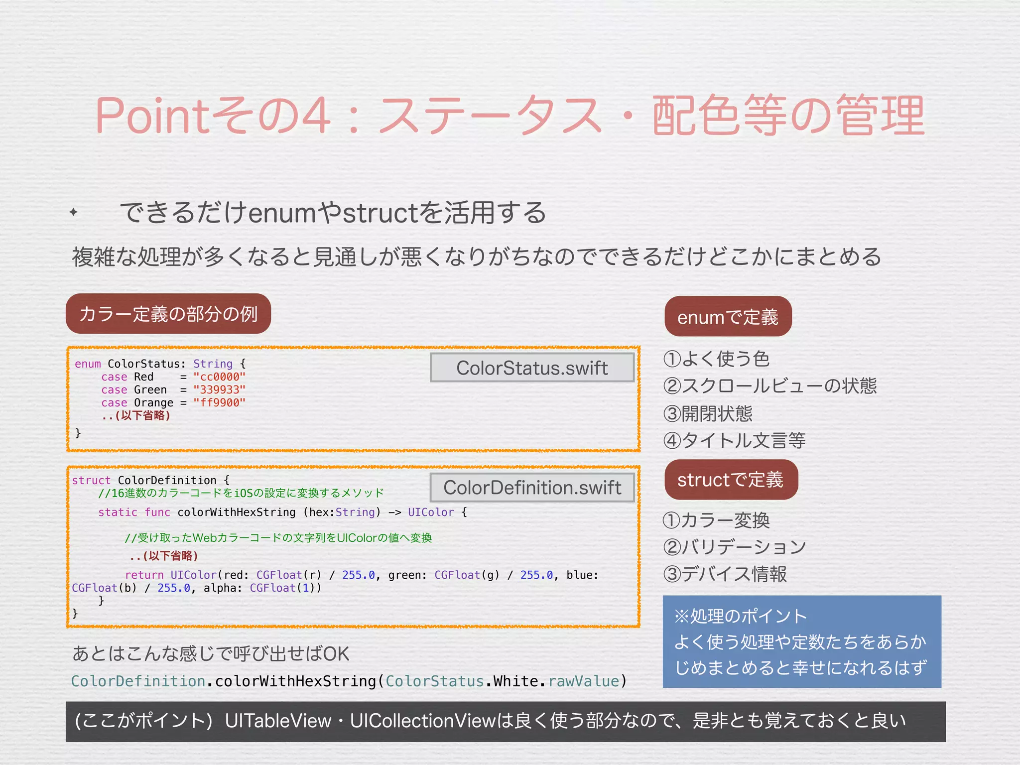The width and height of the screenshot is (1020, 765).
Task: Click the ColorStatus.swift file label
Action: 532,368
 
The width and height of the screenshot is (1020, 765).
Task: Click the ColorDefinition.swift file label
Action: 532,488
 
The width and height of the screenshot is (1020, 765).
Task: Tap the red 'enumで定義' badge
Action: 728,317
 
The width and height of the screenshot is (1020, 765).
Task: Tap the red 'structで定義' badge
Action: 731,480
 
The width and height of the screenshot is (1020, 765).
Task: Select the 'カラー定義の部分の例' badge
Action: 168,314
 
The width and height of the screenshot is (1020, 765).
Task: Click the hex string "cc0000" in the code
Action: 219,377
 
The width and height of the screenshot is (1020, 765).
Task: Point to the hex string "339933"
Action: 219,390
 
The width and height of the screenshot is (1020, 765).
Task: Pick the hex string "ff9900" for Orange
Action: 219,403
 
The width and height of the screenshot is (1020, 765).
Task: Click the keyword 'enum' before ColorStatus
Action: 88,364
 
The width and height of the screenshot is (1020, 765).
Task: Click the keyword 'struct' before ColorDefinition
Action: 91,481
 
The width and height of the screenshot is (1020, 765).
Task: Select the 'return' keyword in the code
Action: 144,575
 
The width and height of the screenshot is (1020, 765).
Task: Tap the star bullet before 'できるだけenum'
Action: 74,213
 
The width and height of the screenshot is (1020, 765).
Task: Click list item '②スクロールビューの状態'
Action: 770,386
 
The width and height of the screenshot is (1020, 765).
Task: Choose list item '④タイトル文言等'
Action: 735,441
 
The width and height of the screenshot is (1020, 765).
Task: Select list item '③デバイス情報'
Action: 725,574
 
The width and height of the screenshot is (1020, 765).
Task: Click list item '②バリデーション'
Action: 735,547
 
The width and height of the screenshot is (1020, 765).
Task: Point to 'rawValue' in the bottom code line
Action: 583,681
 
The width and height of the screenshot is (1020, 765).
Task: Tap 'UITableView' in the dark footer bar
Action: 278,721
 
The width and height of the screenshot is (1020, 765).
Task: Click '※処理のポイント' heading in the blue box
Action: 740,617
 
